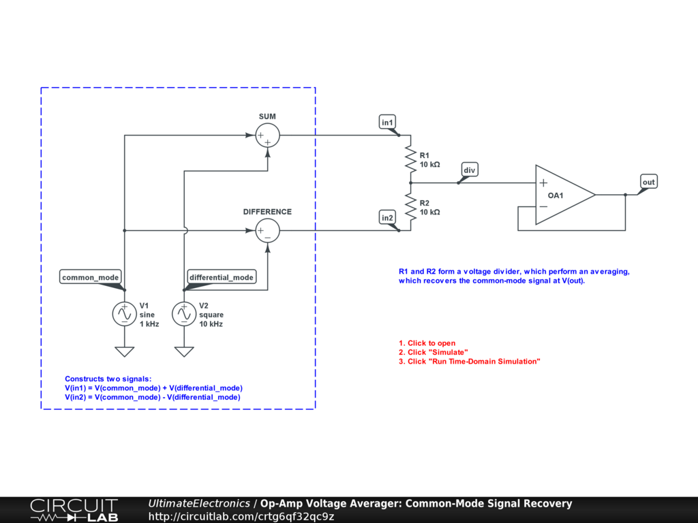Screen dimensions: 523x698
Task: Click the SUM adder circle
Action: point(267,136)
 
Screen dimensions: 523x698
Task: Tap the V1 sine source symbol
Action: point(125,314)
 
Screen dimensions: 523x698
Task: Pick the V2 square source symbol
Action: point(184,314)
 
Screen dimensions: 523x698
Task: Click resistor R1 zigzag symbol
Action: point(410,159)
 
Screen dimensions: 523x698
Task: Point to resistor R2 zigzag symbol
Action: point(410,207)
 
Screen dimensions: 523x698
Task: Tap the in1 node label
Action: point(388,122)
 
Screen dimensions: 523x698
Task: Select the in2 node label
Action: point(388,217)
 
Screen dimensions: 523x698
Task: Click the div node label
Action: point(469,169)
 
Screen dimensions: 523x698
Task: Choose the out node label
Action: point(648,182)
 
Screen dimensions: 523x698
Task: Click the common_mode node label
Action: point(91,277)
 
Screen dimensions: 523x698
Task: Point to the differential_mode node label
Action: point(222,277)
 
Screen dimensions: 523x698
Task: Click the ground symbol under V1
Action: point(125,351)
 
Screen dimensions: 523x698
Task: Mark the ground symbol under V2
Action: point(184,351)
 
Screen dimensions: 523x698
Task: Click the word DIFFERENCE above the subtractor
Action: point(267,212)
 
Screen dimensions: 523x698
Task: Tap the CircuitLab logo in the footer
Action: point(74,510)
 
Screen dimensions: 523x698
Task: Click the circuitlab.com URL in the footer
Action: point(241,517)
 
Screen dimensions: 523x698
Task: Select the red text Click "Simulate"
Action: point(434,352)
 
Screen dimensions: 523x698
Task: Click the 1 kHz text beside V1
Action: point(149,324)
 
